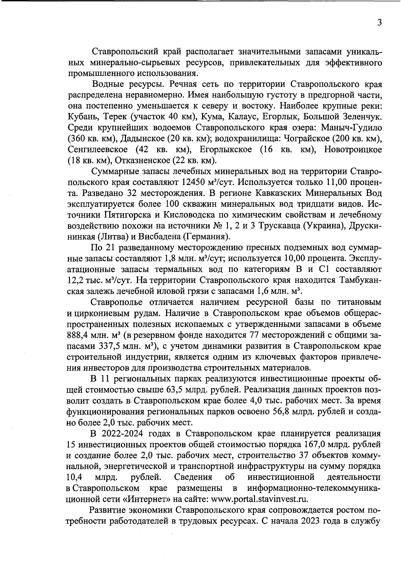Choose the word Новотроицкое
[x=353, y=149]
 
